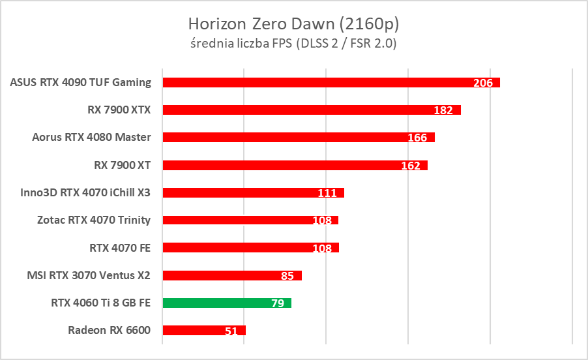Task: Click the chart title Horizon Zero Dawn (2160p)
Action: click(x=293, y=24)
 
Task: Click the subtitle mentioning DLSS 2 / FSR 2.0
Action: click(x=293, y=44)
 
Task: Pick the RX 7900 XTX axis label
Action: click(x=119, y=110)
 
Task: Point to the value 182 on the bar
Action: click(x=443, y=110)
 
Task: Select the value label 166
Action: click(x=417, y=138)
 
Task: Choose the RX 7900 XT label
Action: click(x=123, y=165)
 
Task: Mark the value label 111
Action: click(x=327, y=193)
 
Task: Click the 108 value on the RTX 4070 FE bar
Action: click(x=322, y=248)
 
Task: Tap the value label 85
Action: click(x=287, y=276)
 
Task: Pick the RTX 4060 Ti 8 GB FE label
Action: click(x=100, y=303)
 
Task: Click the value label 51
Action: click(x=231, y=331)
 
